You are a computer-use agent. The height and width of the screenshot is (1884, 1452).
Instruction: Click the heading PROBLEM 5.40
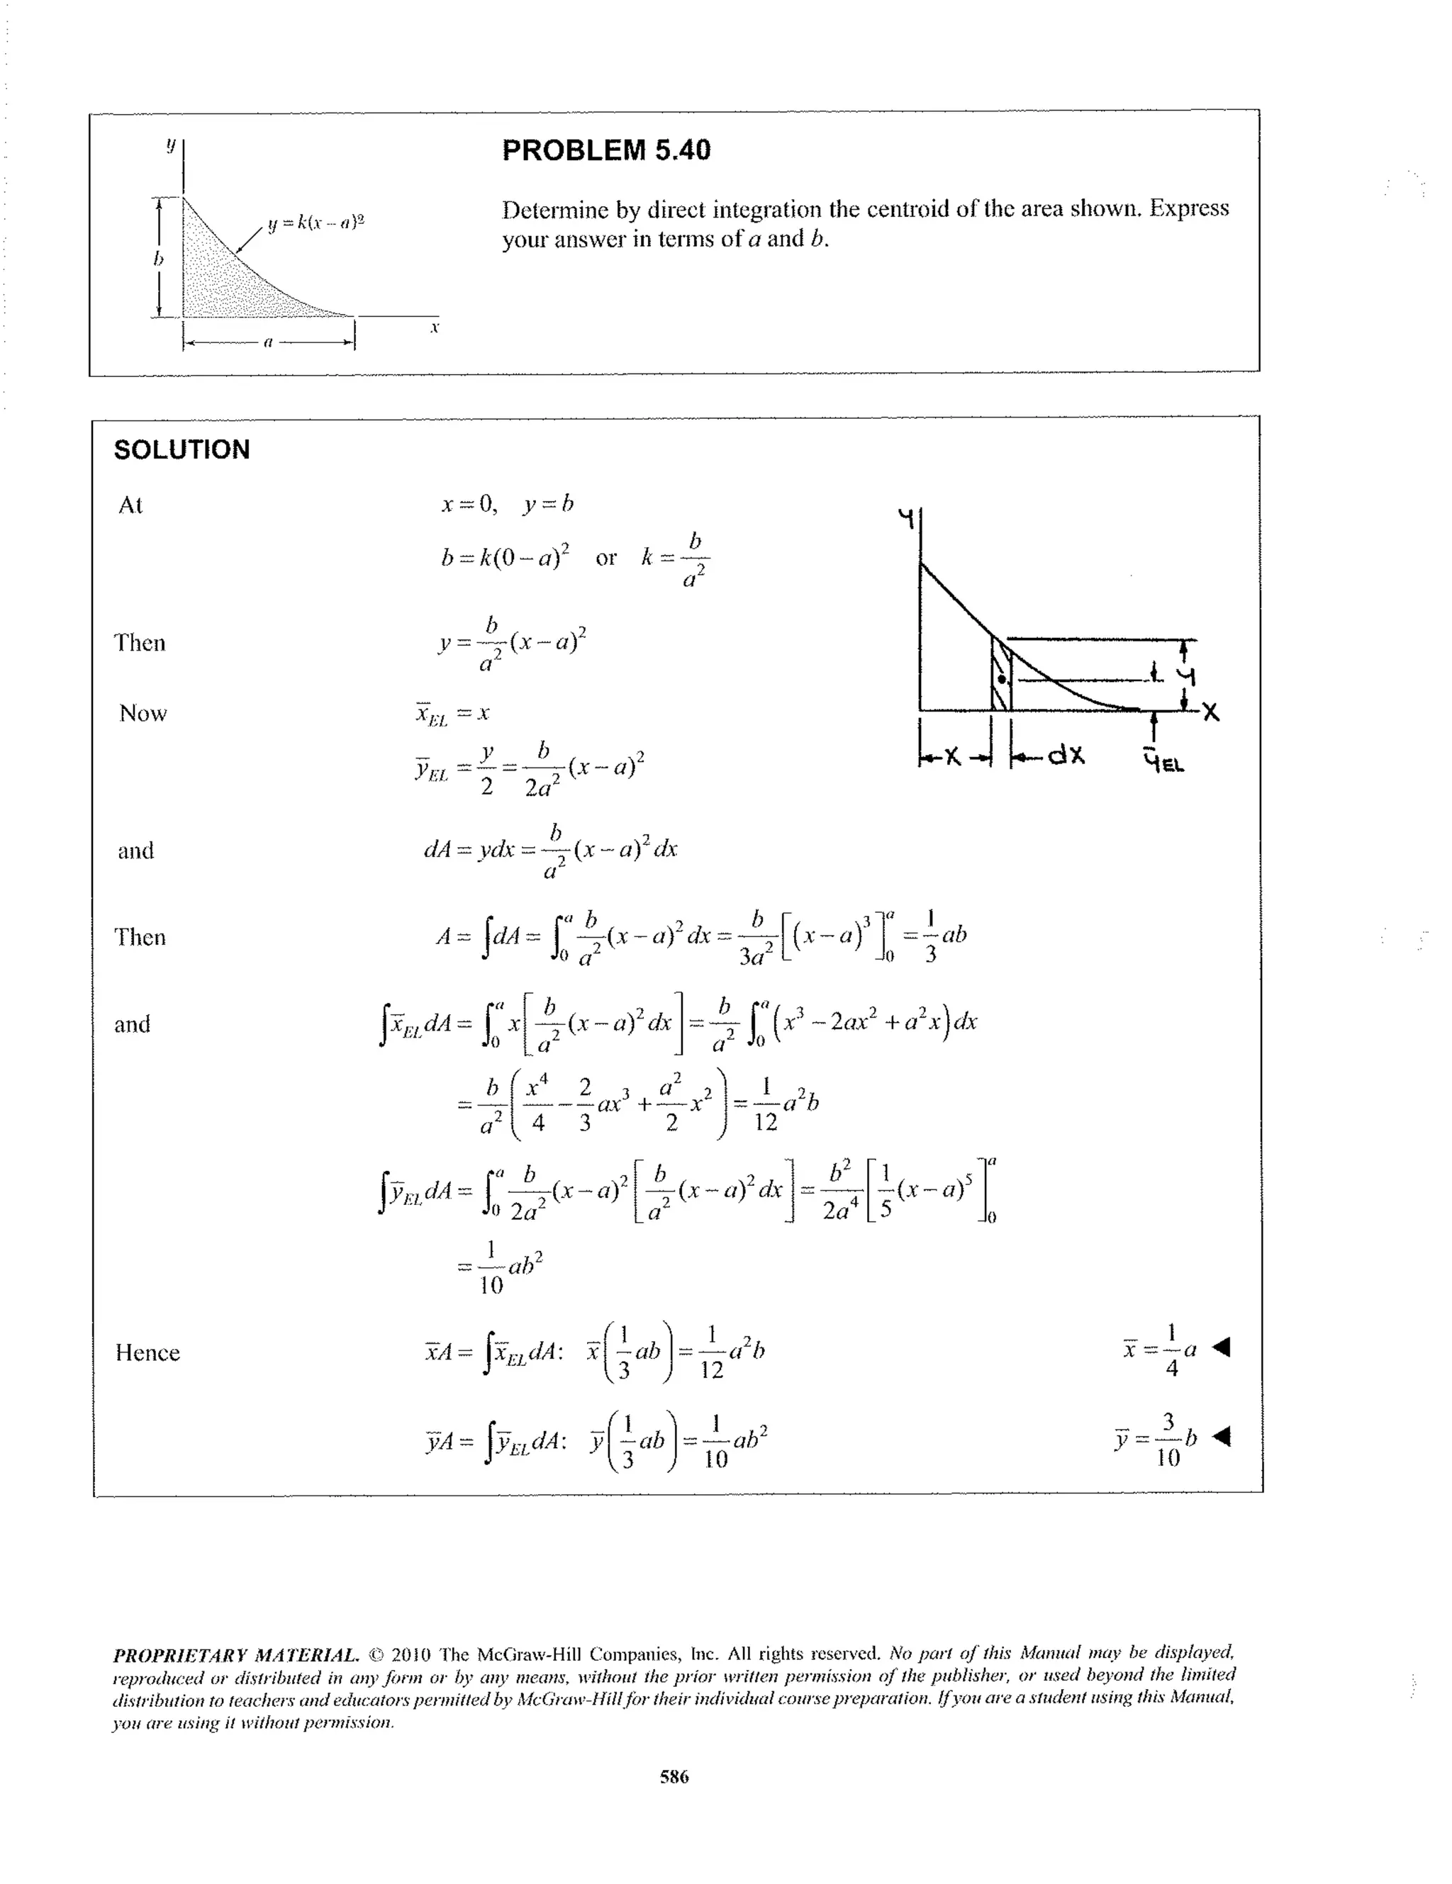[x=605, y=150]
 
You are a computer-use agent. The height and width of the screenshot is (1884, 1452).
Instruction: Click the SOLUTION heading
[x=181, y=449]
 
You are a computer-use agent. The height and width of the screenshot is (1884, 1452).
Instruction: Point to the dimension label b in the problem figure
[x=158, y=258]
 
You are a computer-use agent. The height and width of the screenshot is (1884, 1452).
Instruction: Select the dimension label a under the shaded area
[x=267, y=342]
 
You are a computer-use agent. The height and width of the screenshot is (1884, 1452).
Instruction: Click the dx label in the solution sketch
[x=1066, y=756]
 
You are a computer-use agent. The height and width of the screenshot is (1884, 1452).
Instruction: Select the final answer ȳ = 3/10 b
[x=1156, y=1438]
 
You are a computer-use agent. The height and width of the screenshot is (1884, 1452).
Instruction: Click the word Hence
[x=147, y=1352]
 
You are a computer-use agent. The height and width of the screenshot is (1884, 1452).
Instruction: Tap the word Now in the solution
[x=143, y=713]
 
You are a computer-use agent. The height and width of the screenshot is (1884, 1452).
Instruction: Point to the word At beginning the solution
[x=130, y=505]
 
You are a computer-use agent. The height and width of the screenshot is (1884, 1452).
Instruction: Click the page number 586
[x=674, y=1776]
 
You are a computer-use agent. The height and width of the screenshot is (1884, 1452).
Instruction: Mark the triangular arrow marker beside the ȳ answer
[x=1221, y=1436]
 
